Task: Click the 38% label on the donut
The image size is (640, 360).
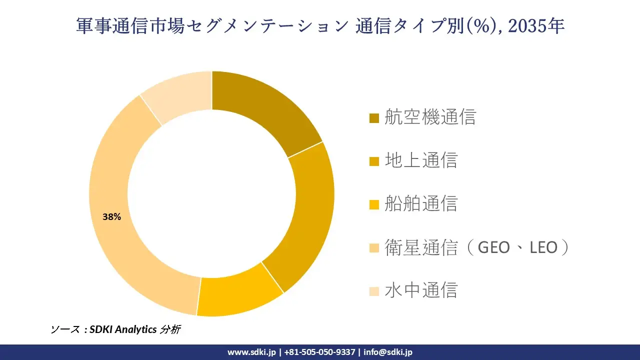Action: (111, 217)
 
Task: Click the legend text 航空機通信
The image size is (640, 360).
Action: (430, 117)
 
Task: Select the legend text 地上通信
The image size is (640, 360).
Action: (421, 160)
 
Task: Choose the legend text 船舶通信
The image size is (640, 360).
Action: (421, 203)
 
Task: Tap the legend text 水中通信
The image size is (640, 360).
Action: (421, 290)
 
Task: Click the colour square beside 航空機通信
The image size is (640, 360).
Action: (374, 118)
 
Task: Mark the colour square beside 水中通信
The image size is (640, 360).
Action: (374, 291)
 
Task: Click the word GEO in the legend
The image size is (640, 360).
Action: (494, 247)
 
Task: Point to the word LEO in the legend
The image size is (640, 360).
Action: (543, 247)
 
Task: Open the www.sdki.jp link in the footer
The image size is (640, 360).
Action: (251, 352)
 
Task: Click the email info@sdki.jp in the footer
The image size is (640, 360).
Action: (388, 352)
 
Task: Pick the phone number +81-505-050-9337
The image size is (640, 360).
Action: (319, 352)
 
